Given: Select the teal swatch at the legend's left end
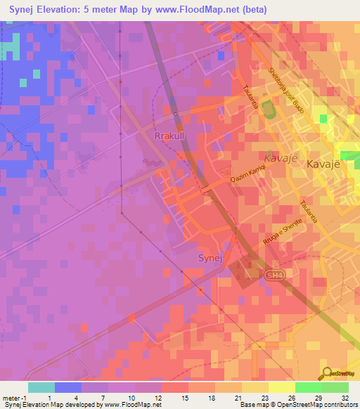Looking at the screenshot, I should tap(41, 387).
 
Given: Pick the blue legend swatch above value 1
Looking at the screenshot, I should tap(68, 387).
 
